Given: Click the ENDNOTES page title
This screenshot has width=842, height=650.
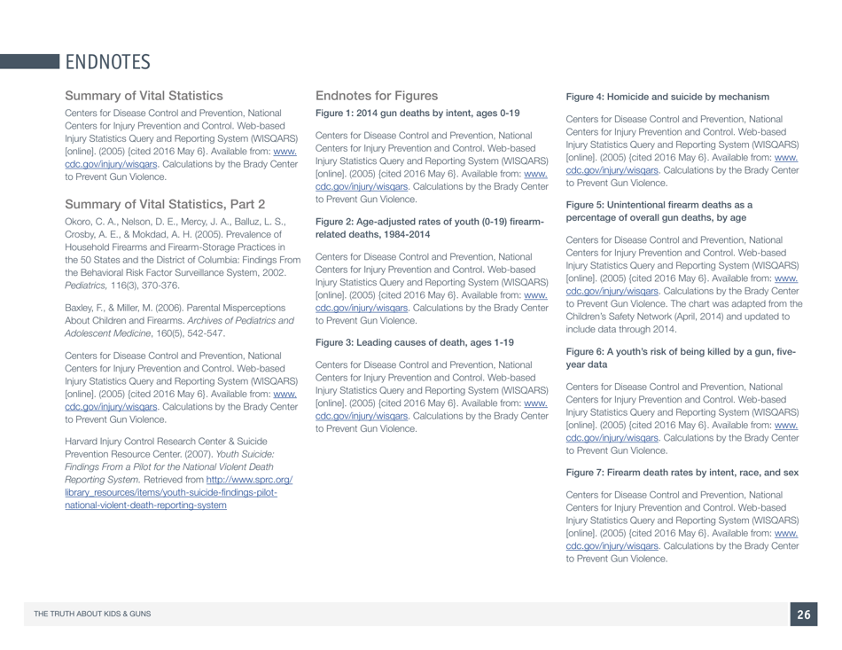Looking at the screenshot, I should [106, 62].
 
